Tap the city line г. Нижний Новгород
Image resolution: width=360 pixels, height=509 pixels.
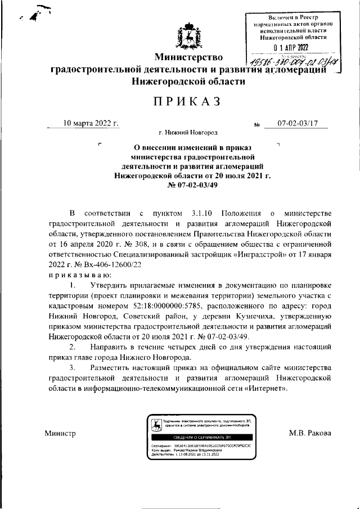(188, 133)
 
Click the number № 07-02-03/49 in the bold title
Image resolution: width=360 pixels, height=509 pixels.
(188, 185)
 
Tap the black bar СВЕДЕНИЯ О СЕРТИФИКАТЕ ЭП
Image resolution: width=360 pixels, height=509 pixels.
(202, 436)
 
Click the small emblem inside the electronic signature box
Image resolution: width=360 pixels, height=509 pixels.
(155, 425)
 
